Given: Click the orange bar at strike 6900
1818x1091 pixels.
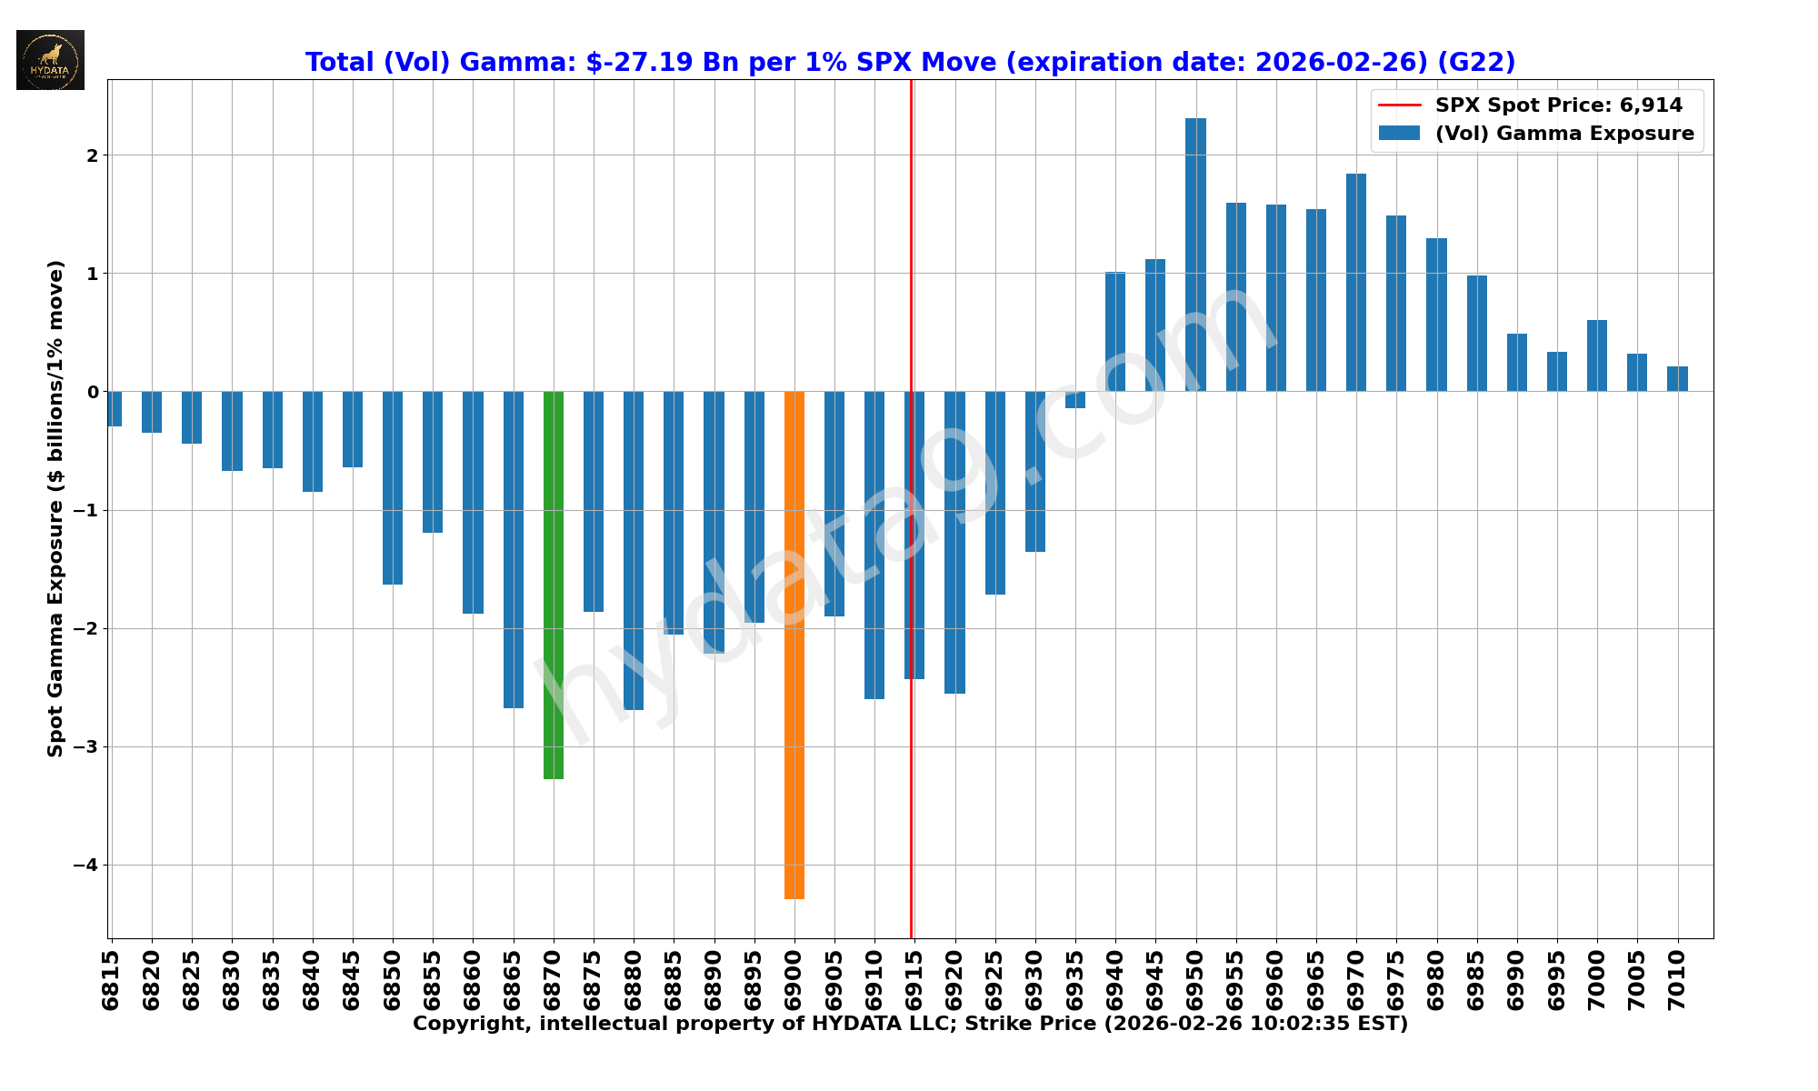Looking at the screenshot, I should [794, 646].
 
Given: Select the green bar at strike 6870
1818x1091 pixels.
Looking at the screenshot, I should [554, 585].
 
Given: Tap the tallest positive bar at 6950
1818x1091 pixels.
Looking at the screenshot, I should [1195, 255].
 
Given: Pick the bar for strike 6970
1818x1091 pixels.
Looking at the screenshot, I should [1356, 282].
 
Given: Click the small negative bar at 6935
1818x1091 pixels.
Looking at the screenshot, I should [1075, 400].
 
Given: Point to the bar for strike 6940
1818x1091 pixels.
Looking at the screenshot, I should [1115, 332].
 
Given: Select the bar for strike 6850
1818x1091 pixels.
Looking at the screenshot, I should [393, 487].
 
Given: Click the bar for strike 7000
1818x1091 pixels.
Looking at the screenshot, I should [1597, 355].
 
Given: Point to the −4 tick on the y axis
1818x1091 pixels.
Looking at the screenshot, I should [87, 866].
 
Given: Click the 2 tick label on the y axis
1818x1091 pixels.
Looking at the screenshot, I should [92, 155].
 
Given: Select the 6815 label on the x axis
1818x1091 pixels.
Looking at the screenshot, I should [111, 980].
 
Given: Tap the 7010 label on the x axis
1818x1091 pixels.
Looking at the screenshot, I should [1677, 980].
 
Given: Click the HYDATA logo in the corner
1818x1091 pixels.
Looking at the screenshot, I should [50, 60].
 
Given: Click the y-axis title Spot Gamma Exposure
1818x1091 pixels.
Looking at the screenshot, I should [56, 508].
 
